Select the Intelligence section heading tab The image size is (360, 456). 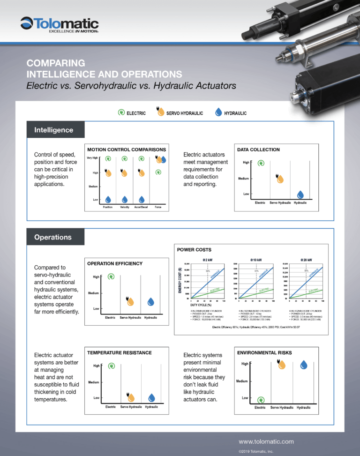pos(53,130)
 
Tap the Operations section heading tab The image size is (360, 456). pos(52,237)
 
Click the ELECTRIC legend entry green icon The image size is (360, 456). pos(121,113)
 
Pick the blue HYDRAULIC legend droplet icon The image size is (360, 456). pos(217,113)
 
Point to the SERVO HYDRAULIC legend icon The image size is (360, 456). pos(160,113)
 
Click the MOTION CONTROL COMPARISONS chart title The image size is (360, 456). pos(127,150)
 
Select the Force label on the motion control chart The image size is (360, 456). pos(158,207)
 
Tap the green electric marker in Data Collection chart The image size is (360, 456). pos(261,163)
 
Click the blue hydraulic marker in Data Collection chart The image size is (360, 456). pos(300,194)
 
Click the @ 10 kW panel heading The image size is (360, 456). pos(255,260)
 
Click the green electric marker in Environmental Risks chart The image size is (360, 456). pos(260,400)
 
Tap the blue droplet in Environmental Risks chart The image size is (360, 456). pos(304,365)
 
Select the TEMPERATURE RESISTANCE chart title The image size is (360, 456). pos(120,352)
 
